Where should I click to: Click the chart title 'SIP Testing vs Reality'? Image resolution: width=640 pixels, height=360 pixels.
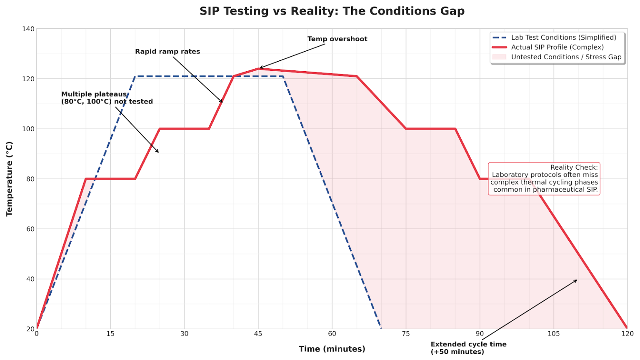click(x=332, y=11)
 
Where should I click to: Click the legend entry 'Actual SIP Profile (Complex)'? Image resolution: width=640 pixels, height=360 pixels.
click(x=557, y=47)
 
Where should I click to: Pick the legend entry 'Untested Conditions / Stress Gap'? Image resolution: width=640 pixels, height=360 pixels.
click(x=566, y=57)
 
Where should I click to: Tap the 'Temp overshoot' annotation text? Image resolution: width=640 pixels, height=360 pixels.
click(x=337, y=39)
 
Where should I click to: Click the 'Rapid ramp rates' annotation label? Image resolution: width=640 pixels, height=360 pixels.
click(x=167, y=52)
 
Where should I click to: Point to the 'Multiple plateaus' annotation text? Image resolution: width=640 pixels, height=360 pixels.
click(x=107, y=98)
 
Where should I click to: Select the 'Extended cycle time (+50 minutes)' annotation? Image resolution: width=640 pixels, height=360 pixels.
click(x=468, y=348)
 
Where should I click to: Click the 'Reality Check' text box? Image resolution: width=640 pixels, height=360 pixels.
click(x=544, y=179)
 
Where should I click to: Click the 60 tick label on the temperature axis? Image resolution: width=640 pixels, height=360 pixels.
click(x=30, y=229)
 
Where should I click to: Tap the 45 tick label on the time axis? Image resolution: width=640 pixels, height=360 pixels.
click(x=258, y=334)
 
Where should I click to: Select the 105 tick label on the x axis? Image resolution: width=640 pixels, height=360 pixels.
click(x=553, y=334)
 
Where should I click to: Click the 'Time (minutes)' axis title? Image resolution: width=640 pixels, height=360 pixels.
click(x=332, y=349)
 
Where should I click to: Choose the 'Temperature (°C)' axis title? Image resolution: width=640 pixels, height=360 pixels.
click(x=10, y=179)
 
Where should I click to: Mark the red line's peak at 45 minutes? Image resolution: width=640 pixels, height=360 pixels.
click(x=258, y=69)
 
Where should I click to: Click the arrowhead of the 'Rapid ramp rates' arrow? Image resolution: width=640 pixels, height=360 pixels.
click(x=222, y=102)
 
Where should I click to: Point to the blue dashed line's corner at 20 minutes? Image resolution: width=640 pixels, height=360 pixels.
click(x=135, y=77)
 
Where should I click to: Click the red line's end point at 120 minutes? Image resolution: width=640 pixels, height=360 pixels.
click(x=627, y=328)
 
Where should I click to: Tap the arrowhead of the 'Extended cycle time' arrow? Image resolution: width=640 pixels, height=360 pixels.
click(x=577, y=280)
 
